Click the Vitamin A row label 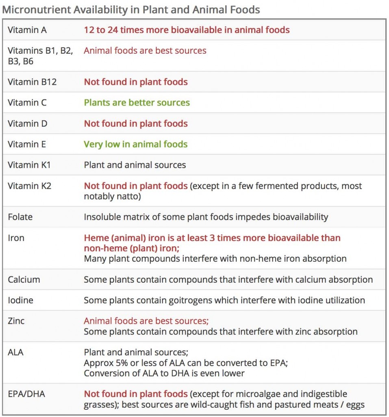(x=27, y=30)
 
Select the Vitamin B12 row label (x=32, y=82)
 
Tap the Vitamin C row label (x=27, y=103)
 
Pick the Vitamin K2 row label (x=30, y=186)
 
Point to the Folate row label (x=20, y=217)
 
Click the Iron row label (x=16, y=238)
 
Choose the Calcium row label (x=24, y=279)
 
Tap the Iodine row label (x=20, y=300)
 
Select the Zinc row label (x=16, y=321)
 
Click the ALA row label (x=15, y=352)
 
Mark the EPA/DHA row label (x=26, y=394)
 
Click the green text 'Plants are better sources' (x=137, y=103)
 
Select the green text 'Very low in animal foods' (x=135, y=144)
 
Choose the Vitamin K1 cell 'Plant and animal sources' (x=135, y=165)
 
